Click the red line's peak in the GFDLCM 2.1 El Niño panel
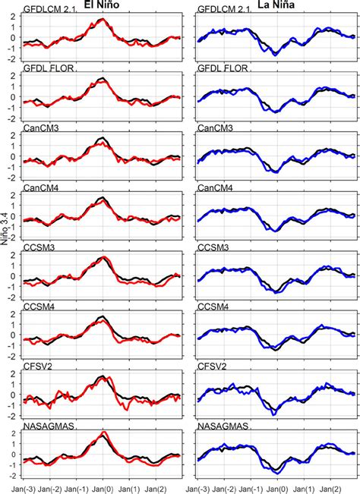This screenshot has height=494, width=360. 103,20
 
